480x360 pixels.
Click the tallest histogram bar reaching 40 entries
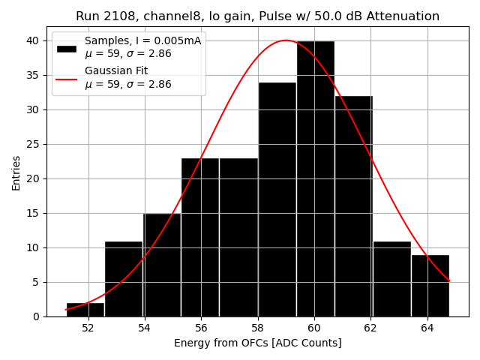pos(315,180)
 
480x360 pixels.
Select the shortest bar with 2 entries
pos(85,309)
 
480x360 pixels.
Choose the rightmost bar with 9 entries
pos(430,286)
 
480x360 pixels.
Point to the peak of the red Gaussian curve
pos(286,40)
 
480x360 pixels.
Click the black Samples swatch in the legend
pos(67,48)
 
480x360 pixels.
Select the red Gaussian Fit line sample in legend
pos(67,78)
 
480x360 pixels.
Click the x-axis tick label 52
pos(88,328)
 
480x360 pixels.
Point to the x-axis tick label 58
pos(257,328)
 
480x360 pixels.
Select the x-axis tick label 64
pos(427,328)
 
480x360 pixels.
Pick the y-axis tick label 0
pos(37,316)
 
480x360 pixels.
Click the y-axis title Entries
pos(16,173)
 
